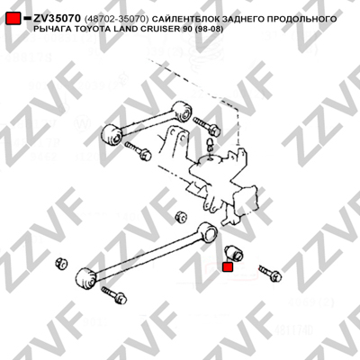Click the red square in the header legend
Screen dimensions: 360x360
click(x=13, y=19)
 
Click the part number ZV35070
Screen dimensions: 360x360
click(x=57, y=19)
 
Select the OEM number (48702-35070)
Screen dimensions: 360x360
click(x=117, y=19)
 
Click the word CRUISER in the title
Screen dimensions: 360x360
click(x=166, y=30)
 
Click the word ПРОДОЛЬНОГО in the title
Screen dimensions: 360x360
click(x=302, y=19)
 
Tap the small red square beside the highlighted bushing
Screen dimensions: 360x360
click(x=228, y=266)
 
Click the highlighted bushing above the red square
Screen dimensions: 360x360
click(x=234, y=252)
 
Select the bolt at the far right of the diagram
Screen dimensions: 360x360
click(x=270, y=273)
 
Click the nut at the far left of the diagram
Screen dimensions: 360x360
click(x=61, y=263)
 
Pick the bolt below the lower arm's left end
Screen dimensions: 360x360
click(x=114, y=295)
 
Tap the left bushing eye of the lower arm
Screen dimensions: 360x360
click(x=85, y=279)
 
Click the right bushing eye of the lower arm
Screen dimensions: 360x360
click(x=208, y=232)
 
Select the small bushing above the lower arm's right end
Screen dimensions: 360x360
click(x=181, y=216)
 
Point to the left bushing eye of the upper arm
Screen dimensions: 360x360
click(x=111, y=134)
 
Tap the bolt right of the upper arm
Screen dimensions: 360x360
click(x=207, y=126)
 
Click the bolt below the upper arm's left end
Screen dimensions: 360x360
click(x=139, y=150)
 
